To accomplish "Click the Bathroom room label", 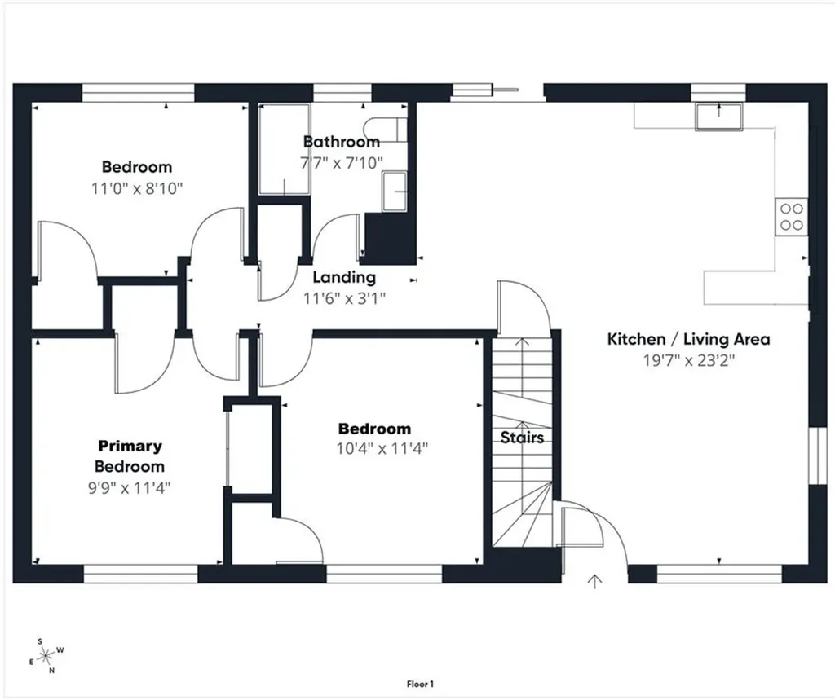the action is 342,142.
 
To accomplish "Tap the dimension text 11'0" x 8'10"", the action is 137,188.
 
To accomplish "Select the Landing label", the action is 344,277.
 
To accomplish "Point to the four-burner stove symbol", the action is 791,217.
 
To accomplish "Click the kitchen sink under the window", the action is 718,117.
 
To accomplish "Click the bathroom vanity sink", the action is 394,192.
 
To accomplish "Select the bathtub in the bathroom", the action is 285,150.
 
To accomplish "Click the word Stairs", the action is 522,438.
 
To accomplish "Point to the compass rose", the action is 46,654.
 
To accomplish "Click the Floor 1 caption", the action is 420,684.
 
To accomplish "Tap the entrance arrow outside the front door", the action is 594,581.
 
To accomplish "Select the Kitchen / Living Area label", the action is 688,339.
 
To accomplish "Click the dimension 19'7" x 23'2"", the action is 688,361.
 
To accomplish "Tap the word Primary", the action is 130,446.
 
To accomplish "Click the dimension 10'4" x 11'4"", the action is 382,449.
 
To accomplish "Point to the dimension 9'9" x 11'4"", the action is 130,487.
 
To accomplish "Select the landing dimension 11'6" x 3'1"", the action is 344,298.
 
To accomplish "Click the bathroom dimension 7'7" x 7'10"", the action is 342,162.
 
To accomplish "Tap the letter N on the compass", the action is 51,671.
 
